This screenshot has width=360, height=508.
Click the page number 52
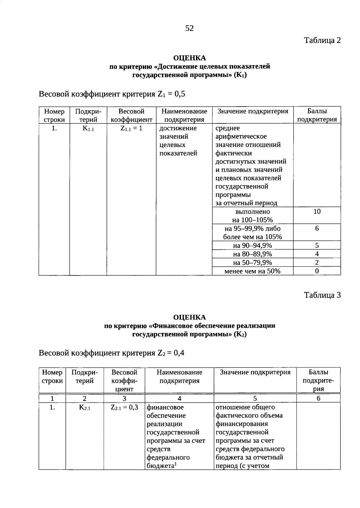pyautogui.click(x=189, y=28)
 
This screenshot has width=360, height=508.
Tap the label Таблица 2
pyautogui.click(x=322, y=40)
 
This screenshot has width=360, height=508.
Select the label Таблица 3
pyautogui.click(x=322, y=295)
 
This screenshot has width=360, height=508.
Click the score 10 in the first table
pyautogui.click(x=317, y=212)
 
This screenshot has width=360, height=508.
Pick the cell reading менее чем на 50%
pyautogui.click(x=252, y=271)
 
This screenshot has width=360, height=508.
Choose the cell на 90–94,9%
pyautogui.click(x=252, y=246)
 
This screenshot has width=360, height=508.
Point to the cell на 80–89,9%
pyautogui.click(x=252, y=254)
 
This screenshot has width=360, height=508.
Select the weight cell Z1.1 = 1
pyautogui.click(x=131, y=129)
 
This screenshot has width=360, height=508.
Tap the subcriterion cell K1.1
pyautogui.click(x=88, y=129)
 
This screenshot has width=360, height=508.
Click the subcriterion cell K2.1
pyautogui.click(x=85, y=408)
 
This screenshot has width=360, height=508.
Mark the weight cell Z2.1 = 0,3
pyautogui.click(x=124, y=408)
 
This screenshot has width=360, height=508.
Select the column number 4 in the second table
pyautogui.click(x=179, y=398)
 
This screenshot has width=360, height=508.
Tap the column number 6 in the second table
pyautogui.click(x=318, y=398)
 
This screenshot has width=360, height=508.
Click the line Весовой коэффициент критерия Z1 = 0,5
pyautogui.click(x=112, y=94)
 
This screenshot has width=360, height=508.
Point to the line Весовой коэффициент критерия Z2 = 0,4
pyautogui.click(x=111, y=353)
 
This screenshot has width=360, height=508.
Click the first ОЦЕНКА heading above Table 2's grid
pyautogui.click(x=190, y=58)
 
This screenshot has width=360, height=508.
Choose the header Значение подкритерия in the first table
pyautogui.click(x=253, y=111)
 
